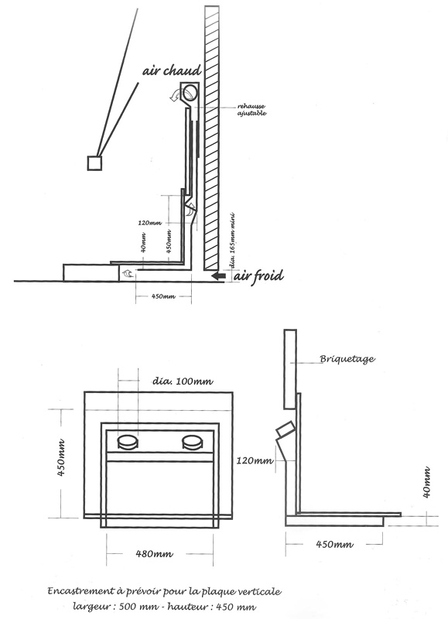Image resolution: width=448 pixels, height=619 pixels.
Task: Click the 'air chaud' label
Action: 172,70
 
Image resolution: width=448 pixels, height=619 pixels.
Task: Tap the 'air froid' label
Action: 258,275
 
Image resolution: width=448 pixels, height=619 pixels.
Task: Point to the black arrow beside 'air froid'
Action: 218,275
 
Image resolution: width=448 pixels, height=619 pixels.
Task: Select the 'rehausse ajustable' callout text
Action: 251,110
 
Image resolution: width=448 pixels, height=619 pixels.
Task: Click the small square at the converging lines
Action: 94,163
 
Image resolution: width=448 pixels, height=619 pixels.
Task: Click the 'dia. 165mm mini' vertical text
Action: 232,241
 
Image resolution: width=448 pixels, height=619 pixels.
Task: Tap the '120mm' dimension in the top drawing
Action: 150,223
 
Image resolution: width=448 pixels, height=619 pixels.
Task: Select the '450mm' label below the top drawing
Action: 163,296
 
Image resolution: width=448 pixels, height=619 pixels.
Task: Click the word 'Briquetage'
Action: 347,359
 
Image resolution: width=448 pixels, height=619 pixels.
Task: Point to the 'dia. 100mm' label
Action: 183,381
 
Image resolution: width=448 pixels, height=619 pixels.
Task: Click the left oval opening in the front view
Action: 128,441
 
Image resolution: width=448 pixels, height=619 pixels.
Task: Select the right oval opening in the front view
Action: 193,441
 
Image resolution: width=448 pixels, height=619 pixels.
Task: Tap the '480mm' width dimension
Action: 154,554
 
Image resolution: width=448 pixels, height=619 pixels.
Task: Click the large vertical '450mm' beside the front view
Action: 61,458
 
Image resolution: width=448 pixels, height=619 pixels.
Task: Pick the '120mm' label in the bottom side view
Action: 255,460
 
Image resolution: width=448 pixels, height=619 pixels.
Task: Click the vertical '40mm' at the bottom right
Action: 426,482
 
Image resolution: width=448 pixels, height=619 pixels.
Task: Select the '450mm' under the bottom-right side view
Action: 334,545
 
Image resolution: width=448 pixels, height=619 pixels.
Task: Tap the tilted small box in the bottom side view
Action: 286,429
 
